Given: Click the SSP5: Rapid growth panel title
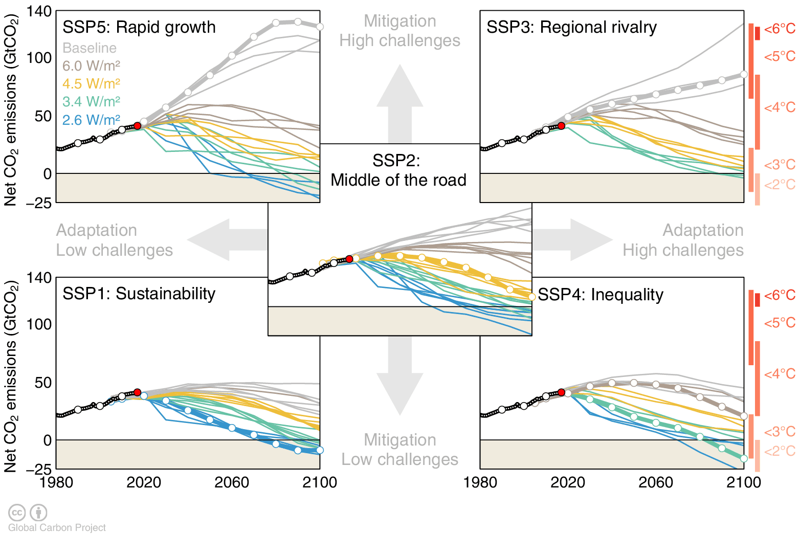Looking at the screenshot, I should pyautogui.click(x=139, y=27).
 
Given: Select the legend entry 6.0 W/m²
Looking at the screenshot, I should pyautogui.click(x=91, y=66).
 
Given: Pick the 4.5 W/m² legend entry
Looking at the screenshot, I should pyautogui.click(x=91, y=84).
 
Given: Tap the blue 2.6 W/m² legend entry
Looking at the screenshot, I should pyautogui.click(x=91, y=120).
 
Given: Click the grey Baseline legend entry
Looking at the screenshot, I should pyautogui.click(x=90, y=48).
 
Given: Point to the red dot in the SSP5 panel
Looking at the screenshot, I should pyautogui.click(x=137, y=126).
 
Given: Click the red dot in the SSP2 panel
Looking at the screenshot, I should pyautogui.click(x=349, y=259).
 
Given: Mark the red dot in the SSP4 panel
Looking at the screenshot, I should pyautogui.click(x=561, y=392).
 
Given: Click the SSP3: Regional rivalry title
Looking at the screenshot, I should pyautogui.click(x=571, y=27).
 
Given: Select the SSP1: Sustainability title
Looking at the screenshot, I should pyautogui.click(x=139, y=294).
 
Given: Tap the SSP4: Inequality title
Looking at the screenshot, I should pyautogui.click(x=601, y=295).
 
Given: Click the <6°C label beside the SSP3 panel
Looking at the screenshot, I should pyautogui.click(x=780, y=29).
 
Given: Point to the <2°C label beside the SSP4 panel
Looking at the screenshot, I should pyautogui.click(x=780, y=451).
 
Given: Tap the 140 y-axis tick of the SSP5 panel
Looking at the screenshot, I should pyautogui.click(x=39, y=11).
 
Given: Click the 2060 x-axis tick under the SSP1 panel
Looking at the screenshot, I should pyautogui.click(x=232, y=482).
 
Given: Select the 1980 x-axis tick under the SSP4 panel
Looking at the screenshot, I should pyautogui.click(x=480, y=482).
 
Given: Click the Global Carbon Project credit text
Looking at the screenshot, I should pyautogui.click(x=57, y=527).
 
